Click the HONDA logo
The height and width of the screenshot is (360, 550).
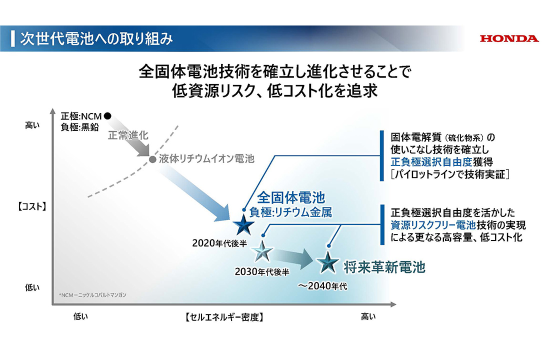click(x=509, y=38)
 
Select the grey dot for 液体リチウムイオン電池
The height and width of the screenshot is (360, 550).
click(x=152, y=160)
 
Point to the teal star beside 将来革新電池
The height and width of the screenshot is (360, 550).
click(x=327, y=261)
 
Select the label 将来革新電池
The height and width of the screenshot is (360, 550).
click(x=384, y=267)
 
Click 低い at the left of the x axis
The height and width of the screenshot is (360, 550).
click(x=80, y=316)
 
